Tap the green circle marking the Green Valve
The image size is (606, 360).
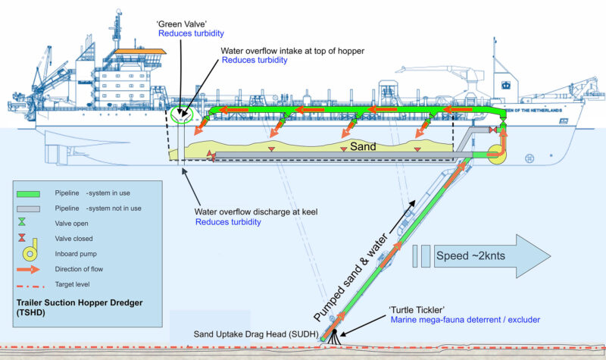click(181, 116)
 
